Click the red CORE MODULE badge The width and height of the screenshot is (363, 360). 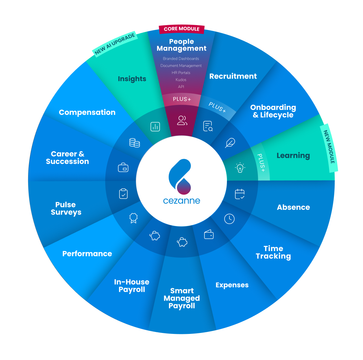tap(181, 29)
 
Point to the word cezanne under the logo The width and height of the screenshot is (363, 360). tap(181, 201)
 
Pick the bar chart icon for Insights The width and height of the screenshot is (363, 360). tap(155, 127)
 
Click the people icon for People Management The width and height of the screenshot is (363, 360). tap(182, 120)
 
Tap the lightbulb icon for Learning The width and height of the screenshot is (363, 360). tap(240, 167)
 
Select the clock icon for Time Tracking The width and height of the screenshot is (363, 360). tap(229, 219)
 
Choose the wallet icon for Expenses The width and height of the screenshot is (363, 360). tap(209, 234)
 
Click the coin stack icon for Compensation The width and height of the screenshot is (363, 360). tap(134, 142)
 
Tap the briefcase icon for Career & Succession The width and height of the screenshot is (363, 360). tap(123, 167)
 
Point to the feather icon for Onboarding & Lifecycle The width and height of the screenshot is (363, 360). tap(230, 142)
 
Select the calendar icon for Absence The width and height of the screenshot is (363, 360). tap(240, 194)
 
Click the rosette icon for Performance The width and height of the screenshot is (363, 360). tap(133, 218)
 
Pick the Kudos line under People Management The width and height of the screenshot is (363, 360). tap(181, 80)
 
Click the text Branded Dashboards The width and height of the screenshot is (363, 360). tap(181, 59)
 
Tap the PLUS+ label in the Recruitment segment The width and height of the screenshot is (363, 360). tap(217, 107)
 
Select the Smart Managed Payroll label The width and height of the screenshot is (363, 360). tap(182, 298)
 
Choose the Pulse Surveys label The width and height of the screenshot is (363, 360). tap(66, 208)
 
